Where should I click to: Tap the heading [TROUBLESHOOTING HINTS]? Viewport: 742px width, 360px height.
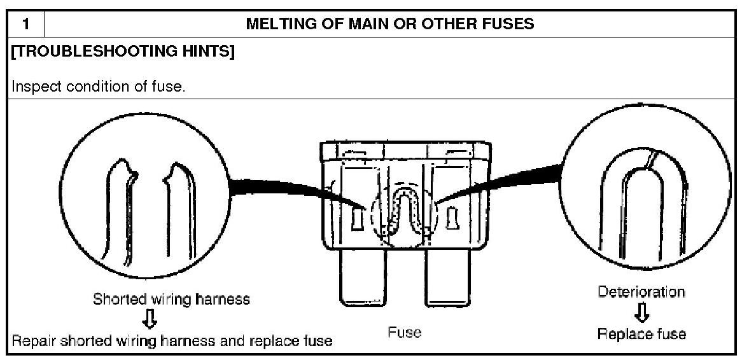(123, 53)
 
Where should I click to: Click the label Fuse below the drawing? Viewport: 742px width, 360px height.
(405, 333)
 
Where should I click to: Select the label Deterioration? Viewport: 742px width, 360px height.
(641, 292)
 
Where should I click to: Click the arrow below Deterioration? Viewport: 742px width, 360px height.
(642, 312)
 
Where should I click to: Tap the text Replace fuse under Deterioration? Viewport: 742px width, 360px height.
(641, 334)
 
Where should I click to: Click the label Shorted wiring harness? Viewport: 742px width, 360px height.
(171, 299)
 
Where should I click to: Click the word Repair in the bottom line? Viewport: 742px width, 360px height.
(34, 341)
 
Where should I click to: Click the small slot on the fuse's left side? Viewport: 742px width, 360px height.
(356, 219)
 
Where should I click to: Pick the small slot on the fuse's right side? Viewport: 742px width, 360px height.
(453, 219)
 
